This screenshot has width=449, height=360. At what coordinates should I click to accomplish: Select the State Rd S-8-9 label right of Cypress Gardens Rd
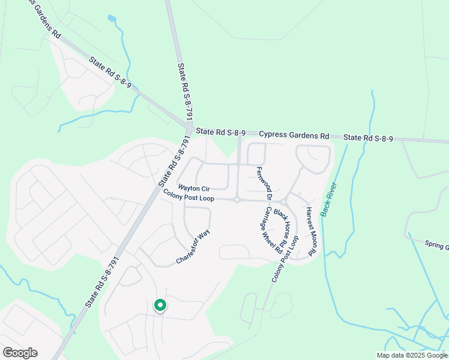pyautogui.click(x=369, y=139)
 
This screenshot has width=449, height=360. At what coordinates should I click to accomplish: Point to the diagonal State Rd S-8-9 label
pyautogui.click(x=113, y=75)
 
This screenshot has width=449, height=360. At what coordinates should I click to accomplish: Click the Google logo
pyautogui.click(x=20, y=353)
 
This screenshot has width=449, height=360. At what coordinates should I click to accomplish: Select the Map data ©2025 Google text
pyautogui.click(x=412, y=355)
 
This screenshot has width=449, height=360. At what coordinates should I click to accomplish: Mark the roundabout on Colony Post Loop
pyautogui.click(x=238, y=200)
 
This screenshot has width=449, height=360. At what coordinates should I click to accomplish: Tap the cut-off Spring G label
pyautogui.click(x=436, y=246)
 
